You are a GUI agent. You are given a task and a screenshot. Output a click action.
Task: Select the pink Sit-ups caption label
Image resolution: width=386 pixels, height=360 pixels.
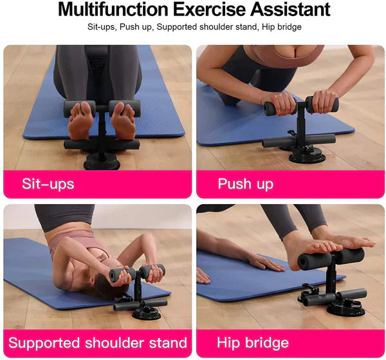[x=48, y=184]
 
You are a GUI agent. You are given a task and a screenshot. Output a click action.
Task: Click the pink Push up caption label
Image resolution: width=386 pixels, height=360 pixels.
[x=245, y=184]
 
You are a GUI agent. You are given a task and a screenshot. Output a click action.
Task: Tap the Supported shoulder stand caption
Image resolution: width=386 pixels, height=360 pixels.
[x=97, y=342]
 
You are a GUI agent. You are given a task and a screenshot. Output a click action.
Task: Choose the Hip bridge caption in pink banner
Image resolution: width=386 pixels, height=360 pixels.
[x=253, y=342]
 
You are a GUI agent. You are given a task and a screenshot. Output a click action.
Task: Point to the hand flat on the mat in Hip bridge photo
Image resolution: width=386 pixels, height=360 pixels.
[x=266, y=262]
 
